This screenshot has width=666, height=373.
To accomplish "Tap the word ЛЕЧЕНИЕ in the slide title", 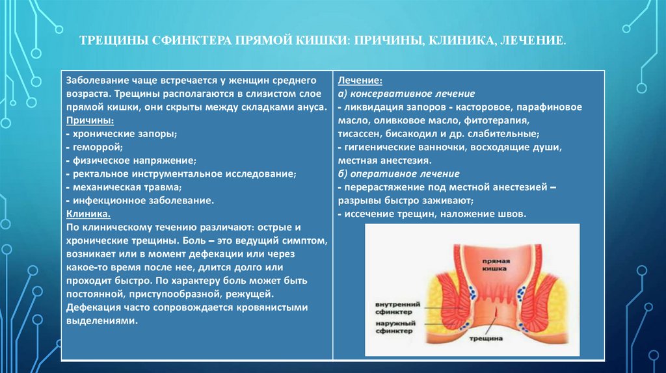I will point(538,41).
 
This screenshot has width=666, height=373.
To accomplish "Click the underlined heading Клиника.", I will point(88,214).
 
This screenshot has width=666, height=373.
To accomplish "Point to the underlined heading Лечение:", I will point(360,80).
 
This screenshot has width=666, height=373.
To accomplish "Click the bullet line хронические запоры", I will point(122,135).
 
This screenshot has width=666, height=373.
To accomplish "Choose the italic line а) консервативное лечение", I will point(406,94).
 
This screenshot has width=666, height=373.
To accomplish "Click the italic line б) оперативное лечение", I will point(399,174).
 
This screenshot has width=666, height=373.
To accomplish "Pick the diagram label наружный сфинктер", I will point(393,327).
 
